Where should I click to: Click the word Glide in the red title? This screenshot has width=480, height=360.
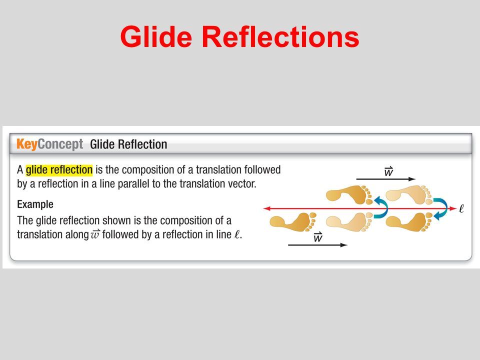click(156, 36)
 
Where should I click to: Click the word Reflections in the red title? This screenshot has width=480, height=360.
click(280, 36)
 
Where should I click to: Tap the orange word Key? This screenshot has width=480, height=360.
click(27, 144)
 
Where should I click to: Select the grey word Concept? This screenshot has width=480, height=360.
click(60, 144)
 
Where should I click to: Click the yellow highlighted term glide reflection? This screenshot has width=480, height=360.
click(59, 169)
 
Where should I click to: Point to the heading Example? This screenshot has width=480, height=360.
click(35, 204)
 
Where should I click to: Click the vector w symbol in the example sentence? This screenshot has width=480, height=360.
click(95, 234)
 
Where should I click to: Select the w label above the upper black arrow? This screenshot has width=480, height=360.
click(388, 171)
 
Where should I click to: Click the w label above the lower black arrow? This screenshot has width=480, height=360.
click(318, 237)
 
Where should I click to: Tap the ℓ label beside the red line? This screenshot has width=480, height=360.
click(461, 208)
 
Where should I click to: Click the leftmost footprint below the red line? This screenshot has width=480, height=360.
click(293, 222)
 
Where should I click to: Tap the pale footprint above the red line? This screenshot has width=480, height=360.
click(409, 194)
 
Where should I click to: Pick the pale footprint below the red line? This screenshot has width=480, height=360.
click(349, 222)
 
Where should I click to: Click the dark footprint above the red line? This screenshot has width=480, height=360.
click(349, 194)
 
